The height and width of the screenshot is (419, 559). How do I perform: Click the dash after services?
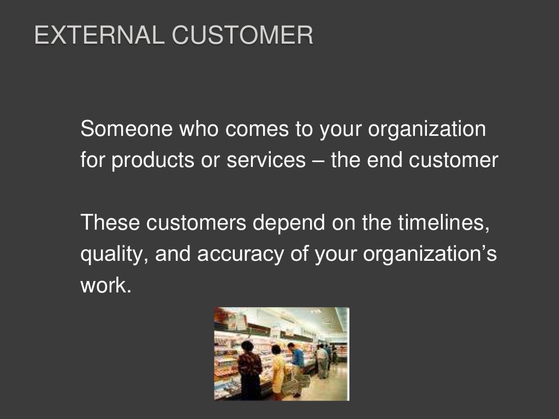coord(318,161)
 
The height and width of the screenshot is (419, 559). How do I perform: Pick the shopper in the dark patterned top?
coord(250,371)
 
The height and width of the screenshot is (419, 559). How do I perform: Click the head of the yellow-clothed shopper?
coord(276,350)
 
